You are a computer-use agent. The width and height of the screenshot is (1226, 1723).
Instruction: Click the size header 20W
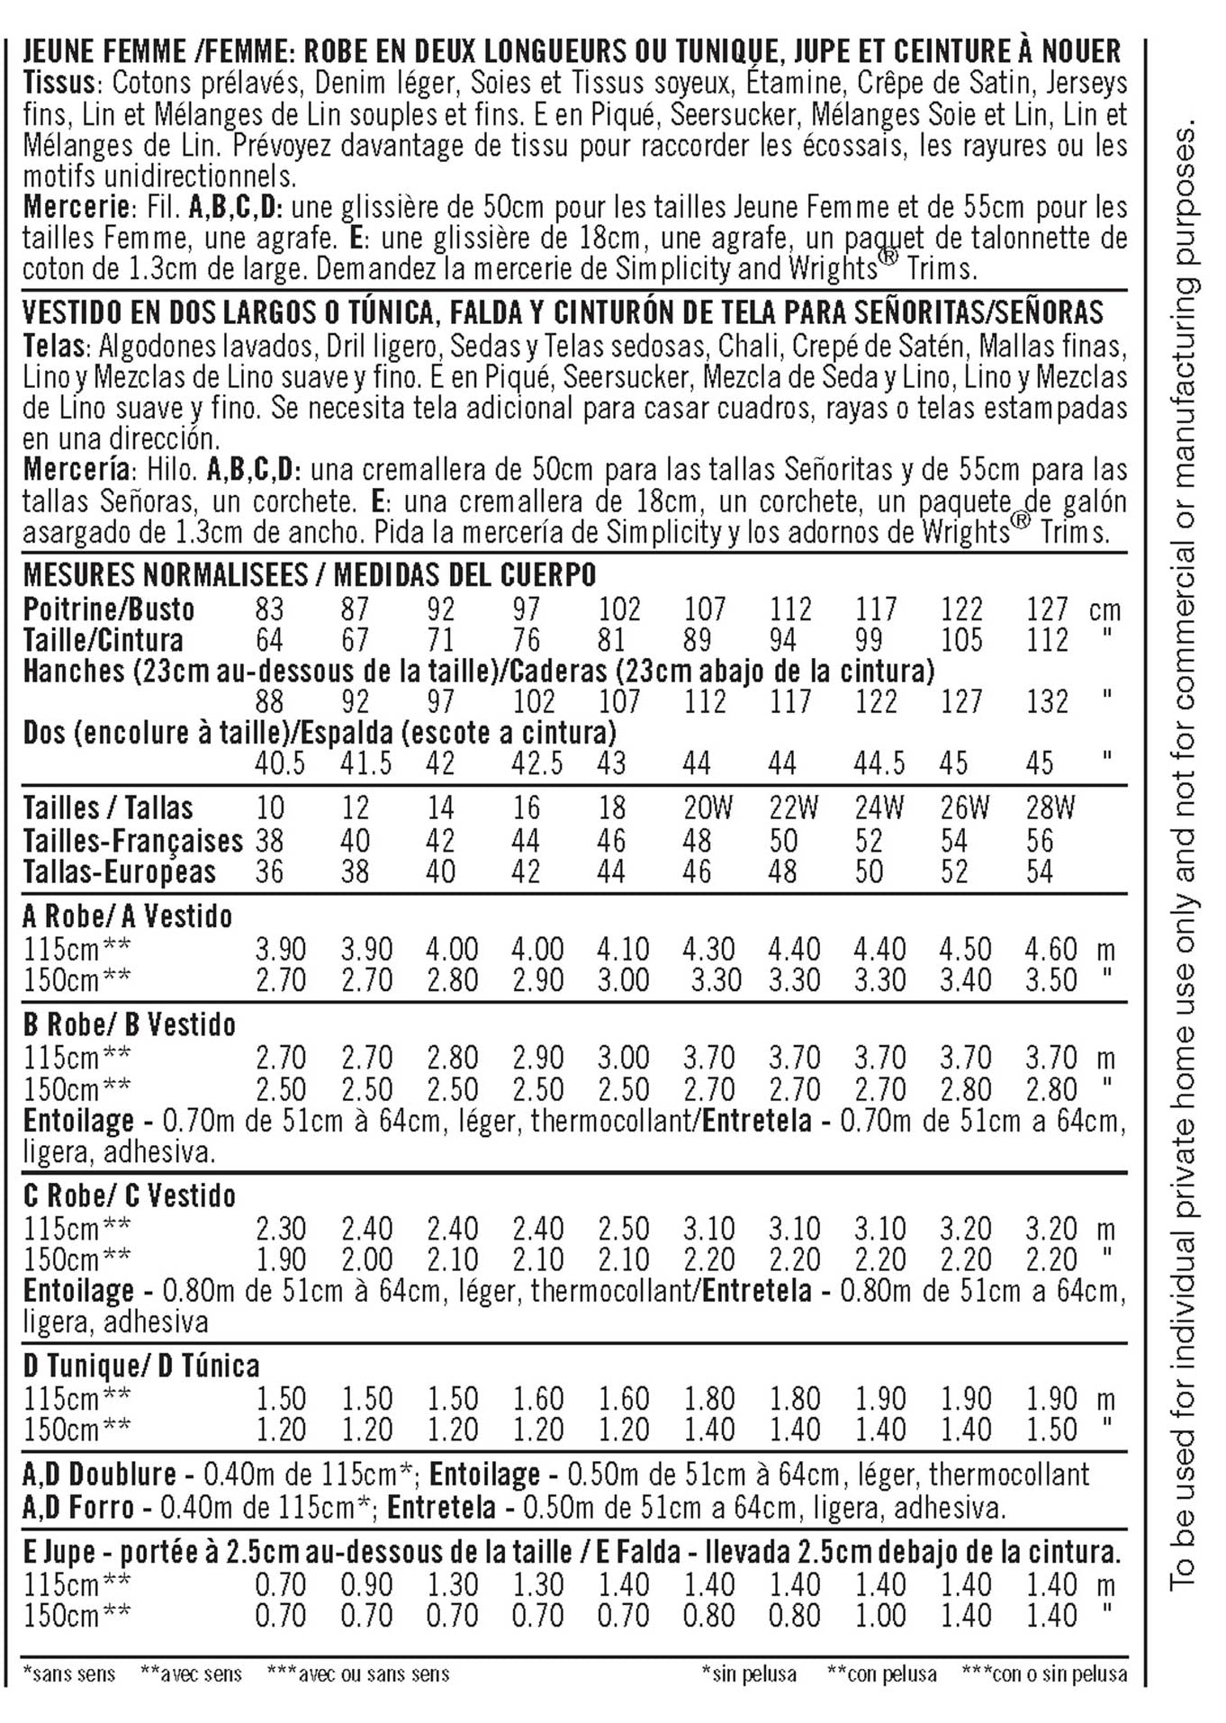coord(708,808)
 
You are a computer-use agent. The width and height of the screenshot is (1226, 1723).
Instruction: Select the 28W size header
coord(1050,808)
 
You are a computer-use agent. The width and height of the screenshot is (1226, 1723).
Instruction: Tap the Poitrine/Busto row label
coord(109,609)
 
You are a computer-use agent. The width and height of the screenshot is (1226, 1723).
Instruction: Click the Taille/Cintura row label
coord(104,640)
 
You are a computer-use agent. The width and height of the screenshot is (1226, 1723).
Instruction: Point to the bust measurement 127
coord(1048,609)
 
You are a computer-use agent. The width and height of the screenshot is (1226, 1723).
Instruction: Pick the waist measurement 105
coord(961,640)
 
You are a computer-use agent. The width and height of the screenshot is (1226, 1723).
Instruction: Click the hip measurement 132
coord(1048,701)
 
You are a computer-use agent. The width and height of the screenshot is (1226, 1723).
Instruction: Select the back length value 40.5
coord(280,763)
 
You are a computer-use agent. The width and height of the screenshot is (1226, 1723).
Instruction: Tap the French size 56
coord(1040,840)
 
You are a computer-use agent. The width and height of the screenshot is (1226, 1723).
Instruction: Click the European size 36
coord(269,871)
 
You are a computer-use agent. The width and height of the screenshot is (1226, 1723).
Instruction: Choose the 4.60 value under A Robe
coord(1050,949)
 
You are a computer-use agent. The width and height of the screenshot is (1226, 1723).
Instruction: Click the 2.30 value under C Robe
coord(281,1229)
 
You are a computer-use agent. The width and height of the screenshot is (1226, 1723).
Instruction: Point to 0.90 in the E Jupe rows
coord(366,1584)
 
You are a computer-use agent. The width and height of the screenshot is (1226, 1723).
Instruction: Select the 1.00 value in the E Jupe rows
coord(879,1615)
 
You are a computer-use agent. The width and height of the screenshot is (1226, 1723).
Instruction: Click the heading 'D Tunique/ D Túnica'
coord(141,1366)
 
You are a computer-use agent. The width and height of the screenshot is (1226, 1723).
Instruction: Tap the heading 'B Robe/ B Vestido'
coord(130,1024)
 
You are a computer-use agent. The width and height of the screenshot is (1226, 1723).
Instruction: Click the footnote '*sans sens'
coord(69,1674)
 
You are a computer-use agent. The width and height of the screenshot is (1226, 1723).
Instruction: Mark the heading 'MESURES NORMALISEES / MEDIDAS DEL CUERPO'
coord(310,574)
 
